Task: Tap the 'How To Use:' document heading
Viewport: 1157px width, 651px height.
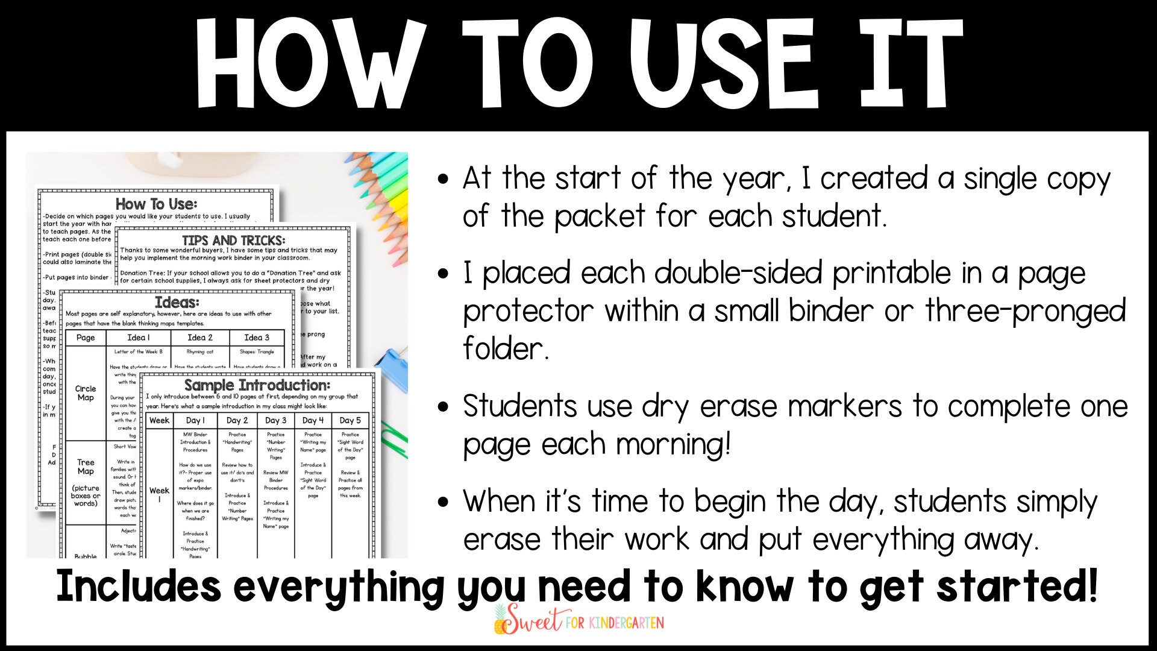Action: tap(156, 204)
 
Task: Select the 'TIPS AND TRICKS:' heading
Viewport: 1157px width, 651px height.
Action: tap(234, 240)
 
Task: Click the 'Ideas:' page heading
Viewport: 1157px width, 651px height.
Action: tap(177, 302)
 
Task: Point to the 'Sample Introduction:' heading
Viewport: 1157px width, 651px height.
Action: tap(257, 385)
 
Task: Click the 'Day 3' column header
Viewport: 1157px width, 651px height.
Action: tap(276, 420)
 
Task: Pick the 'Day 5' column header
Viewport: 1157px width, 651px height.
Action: tap(350, 420)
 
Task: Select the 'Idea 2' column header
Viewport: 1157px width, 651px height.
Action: tap(200, 338)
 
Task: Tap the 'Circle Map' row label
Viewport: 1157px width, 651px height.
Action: tap(86, 393)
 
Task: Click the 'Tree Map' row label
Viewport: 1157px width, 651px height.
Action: tap(86, 467)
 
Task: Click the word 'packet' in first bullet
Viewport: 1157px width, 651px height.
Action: tap(600, 216)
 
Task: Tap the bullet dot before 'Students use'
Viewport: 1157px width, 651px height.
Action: tap(444, 407)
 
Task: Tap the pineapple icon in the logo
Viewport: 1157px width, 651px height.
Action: tap(501, 621)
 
